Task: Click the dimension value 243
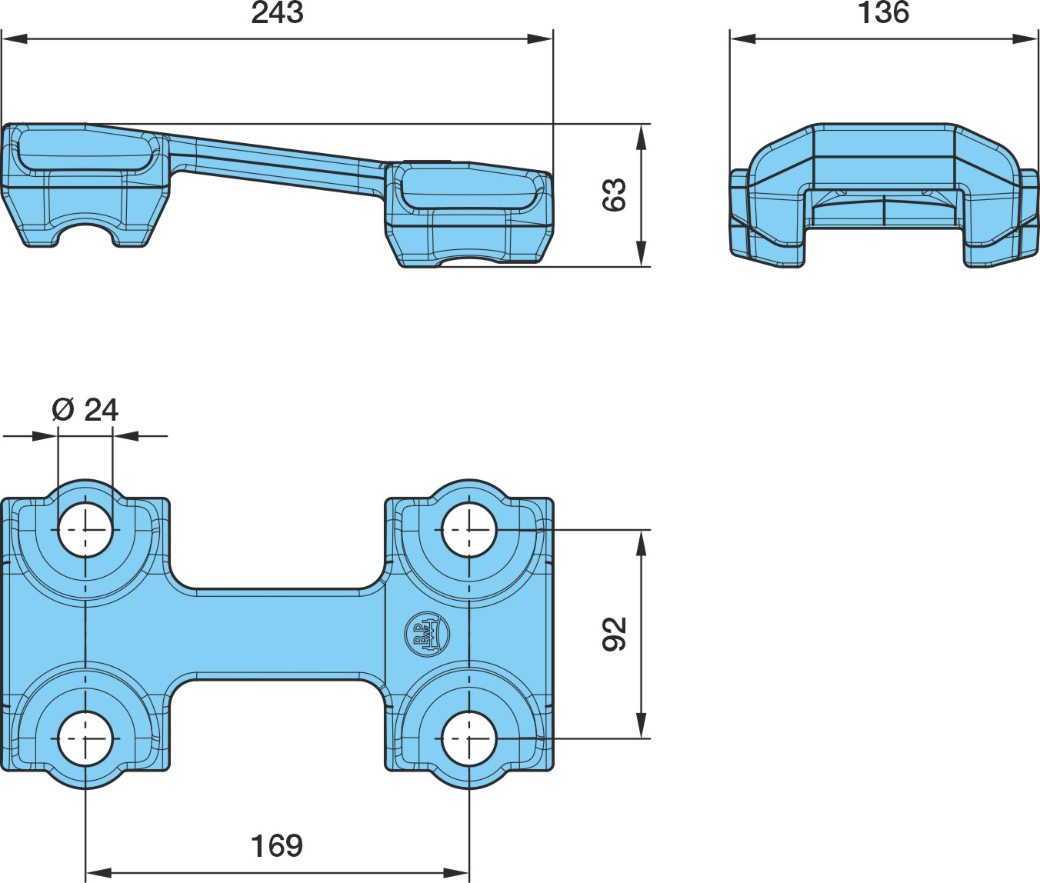pos(277,13)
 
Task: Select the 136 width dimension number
pos(884,13)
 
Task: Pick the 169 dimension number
pos(277,846)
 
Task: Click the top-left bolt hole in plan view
pos(85,530)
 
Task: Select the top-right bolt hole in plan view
pos(469,530)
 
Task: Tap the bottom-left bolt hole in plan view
pos(85,738)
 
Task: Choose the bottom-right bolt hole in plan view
pos(469,738)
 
